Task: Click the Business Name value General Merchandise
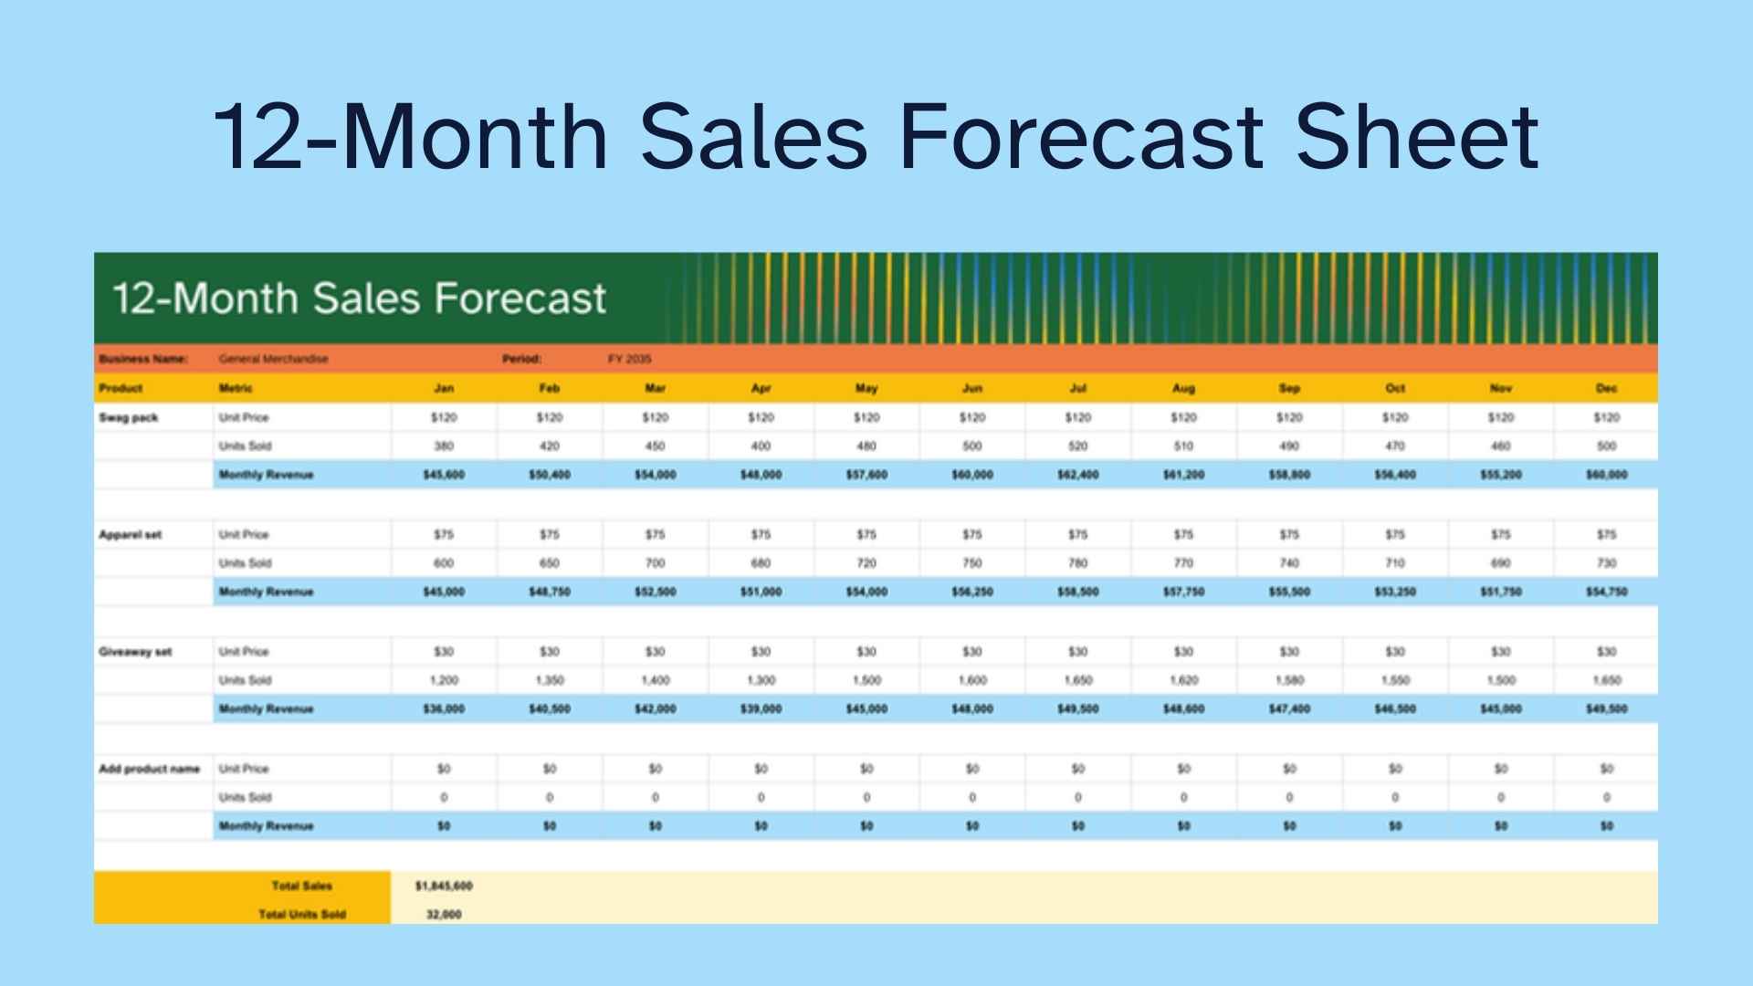273,359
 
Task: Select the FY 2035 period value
629,359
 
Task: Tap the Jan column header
444,388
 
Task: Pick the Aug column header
1183,388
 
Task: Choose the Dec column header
1606,388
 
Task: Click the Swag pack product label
129,417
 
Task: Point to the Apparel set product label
131,534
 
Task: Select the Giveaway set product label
135,652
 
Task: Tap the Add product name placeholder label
149,769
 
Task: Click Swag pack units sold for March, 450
655,446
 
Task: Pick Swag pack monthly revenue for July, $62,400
1077,475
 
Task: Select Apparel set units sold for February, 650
549,563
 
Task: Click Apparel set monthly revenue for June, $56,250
971,592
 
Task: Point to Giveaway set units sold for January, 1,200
444,680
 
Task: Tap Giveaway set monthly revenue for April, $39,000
761,708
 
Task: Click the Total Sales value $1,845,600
444,886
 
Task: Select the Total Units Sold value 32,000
444,914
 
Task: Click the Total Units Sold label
302,914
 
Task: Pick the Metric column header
236,388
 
